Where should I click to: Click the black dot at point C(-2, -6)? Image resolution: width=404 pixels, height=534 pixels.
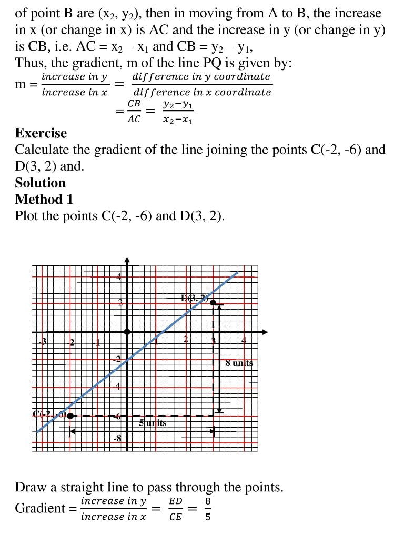[70, 416]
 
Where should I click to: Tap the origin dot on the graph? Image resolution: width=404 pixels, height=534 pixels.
[127, 332]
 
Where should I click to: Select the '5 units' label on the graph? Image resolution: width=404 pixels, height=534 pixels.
[153, 422]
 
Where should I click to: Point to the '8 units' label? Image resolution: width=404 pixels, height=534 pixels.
[239, 363]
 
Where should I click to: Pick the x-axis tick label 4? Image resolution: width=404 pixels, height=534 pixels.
[244, 341]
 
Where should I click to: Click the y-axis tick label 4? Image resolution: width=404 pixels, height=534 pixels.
[119, 277]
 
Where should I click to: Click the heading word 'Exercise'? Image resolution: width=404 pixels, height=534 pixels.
[41, 133]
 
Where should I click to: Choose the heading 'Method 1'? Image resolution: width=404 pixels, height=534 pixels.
[44, 200]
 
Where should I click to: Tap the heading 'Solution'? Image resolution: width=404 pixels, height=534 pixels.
[41, 183]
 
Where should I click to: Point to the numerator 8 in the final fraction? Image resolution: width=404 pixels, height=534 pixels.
[208, 501]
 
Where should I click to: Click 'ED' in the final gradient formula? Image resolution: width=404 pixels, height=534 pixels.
[176, 501]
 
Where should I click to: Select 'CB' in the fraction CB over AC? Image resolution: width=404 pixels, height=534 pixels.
[134, 104]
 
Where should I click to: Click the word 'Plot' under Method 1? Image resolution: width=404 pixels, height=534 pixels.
[27, 216]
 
